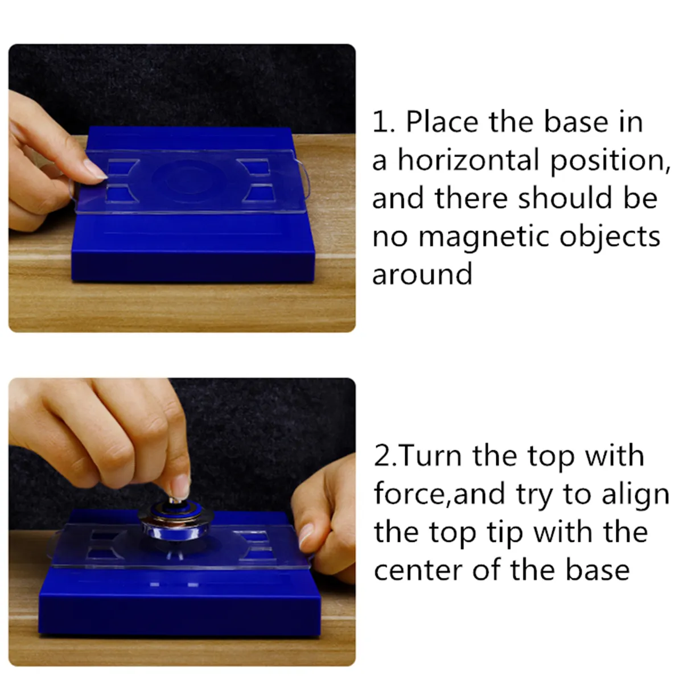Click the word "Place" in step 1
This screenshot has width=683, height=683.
[x=441, y=122]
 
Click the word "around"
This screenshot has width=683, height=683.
[x=422, y=274]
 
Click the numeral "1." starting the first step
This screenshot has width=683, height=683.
[x=384, y=122]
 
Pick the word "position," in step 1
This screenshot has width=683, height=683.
[x=610, y=162]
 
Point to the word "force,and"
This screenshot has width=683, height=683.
[x=439, y=494]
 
